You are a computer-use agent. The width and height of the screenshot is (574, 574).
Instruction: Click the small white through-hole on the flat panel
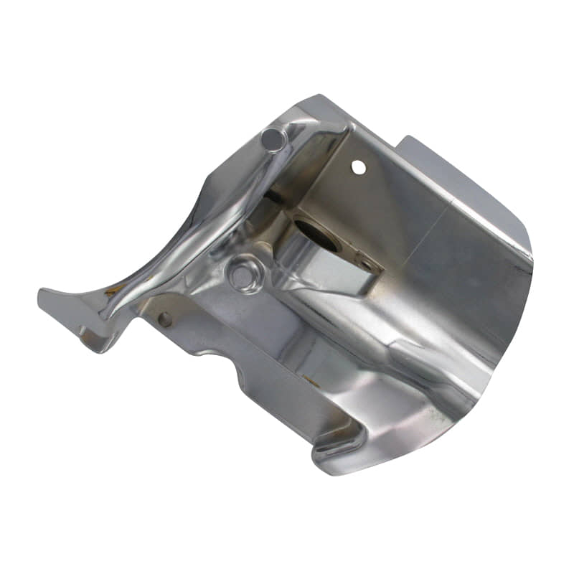358,167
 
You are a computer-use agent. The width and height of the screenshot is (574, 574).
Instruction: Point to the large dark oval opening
317,237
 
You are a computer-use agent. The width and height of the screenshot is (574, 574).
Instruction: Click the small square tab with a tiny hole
367,267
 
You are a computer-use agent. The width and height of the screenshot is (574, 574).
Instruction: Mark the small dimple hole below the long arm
164,319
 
